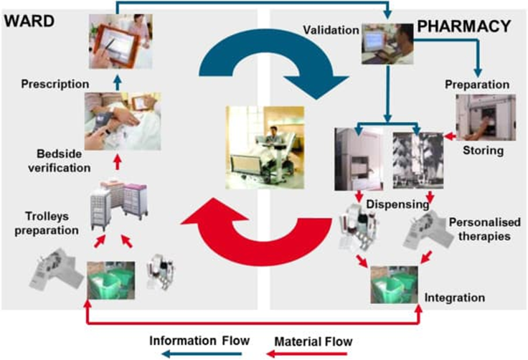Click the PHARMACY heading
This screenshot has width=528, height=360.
[463, 27]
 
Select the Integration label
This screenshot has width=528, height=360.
[455, 297]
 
